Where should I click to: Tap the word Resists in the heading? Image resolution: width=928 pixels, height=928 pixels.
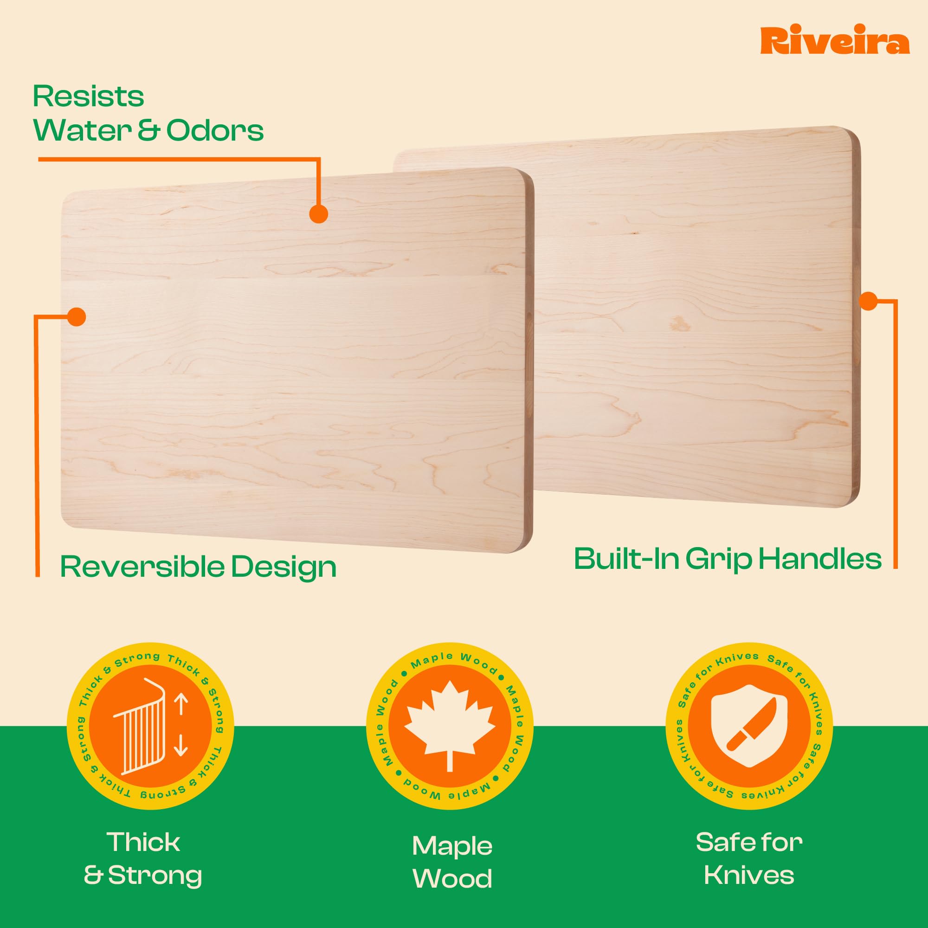[x=88, y=97]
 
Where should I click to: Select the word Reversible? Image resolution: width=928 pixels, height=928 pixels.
[x=142, y=567]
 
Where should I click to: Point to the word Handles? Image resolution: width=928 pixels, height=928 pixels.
[x=820, y=559]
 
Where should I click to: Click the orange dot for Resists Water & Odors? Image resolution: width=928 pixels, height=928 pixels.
[x=318, y=214]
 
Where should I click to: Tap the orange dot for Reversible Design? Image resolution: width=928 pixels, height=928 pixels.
[x=77, y=316]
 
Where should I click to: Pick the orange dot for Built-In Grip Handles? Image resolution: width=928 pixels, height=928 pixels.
[x=868, y=301]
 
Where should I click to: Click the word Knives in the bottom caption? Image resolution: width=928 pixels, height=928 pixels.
[x=749, y=875]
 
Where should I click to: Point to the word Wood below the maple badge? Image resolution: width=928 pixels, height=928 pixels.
[x=452, y=878]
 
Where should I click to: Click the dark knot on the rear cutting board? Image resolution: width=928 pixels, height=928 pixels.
[x=679, y=323]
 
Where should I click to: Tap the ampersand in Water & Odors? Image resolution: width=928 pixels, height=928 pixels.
[x=148, y=131]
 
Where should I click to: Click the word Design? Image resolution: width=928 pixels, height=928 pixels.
[x=284, y=568]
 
